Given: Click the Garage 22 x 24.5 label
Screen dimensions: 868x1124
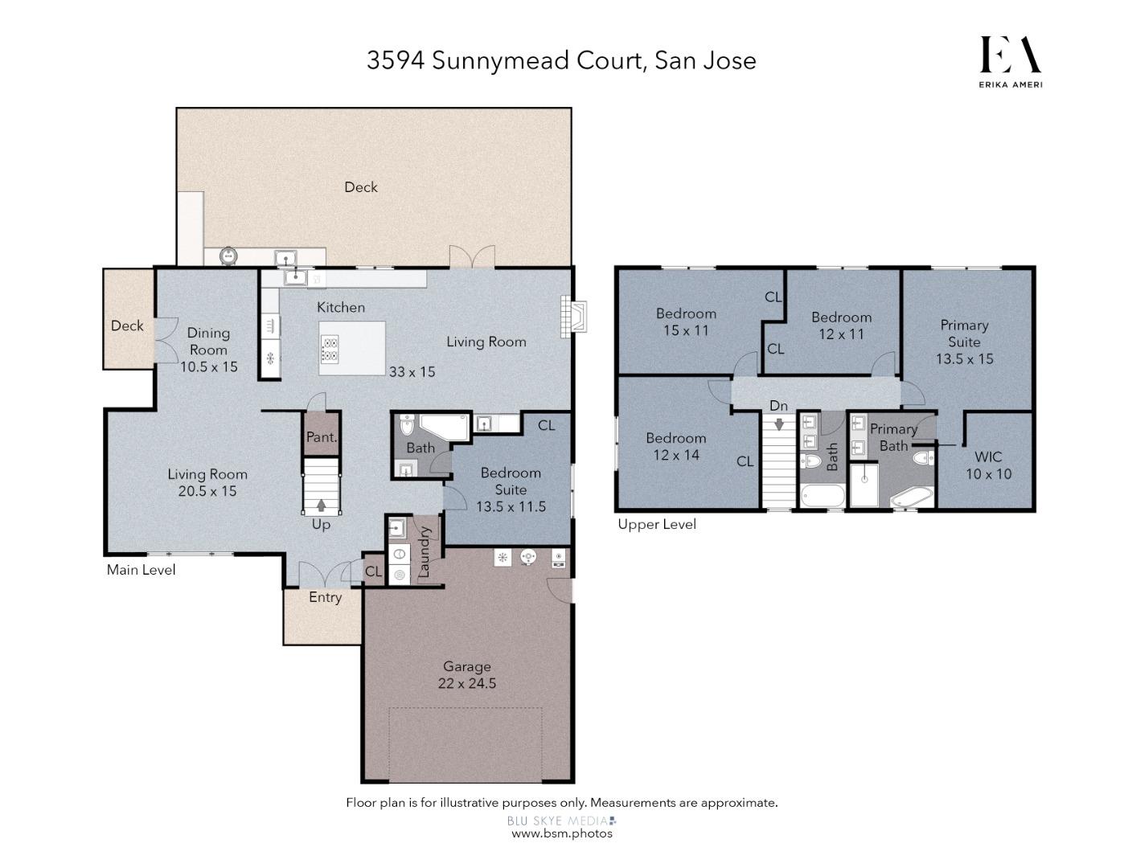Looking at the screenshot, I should (466, 675).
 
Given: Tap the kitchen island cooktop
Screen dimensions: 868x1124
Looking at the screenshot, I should (330, 349).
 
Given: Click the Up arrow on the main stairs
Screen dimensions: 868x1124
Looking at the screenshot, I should (321, 506).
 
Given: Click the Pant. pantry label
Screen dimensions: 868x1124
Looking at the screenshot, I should (322, 437).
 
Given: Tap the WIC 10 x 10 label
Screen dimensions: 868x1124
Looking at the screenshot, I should (988, 465).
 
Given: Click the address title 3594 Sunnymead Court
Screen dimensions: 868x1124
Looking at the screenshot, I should (561, 60).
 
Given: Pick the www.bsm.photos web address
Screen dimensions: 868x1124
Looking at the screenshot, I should (562, 833).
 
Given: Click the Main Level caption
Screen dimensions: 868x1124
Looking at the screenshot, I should (141, 570).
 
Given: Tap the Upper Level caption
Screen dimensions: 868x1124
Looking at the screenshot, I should (657, 525).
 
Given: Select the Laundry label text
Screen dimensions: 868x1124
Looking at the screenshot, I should (425, 551).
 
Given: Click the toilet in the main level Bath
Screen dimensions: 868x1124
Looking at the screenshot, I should (407, 425).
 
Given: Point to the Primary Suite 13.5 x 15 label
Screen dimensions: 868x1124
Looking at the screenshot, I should (964, 342).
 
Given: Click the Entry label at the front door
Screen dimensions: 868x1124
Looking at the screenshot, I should (325, 597).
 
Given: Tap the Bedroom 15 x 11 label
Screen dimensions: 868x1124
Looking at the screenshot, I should (686, 321).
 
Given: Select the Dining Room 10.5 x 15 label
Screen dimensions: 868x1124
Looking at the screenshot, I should (208, 350).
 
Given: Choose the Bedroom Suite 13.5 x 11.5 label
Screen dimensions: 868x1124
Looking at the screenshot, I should (511, 489).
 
